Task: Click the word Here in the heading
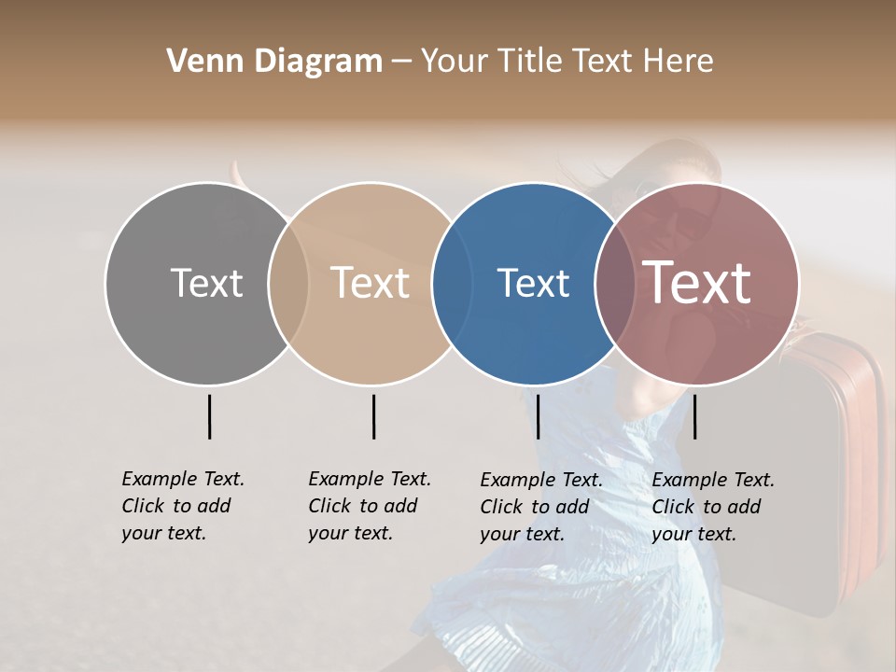pos(679,62)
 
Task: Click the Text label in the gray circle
pos(206,283)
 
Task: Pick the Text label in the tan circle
pos(371,283)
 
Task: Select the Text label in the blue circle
pos(533,283)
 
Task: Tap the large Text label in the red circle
pos(697,283)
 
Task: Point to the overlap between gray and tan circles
pos(288,284)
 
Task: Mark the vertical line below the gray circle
pos(209,416)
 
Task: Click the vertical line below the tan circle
pos(373,416)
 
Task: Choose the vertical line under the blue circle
pos(538,416)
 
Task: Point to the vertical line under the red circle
pos(694,416)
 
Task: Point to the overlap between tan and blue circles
pos(444,284)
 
